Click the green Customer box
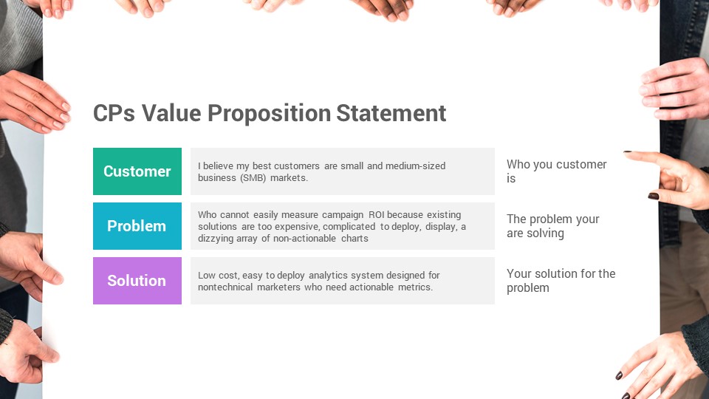[137, 171]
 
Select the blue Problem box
[137, 226]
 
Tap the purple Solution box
[137, 281]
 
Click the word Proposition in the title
[269, 114]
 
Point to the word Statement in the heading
[391, 113]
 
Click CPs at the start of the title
[114, 113]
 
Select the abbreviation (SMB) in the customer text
[253, 178]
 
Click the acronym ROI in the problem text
[376, 214]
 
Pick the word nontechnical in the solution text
[225, 287]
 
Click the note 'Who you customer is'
[557, 171]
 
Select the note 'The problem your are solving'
[553, 226]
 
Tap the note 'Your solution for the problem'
[561, 281]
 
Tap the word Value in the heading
[171, 113]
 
